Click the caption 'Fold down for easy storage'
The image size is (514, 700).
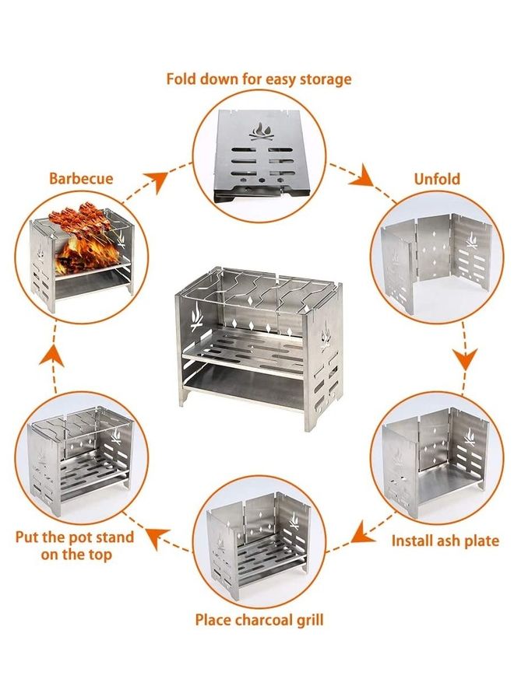click(x=259, y=79)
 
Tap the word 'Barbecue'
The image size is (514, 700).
click(x=81, y=178)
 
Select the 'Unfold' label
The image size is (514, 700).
click(x=438, y=178)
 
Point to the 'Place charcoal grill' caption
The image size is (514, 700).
click(x=259, y=620)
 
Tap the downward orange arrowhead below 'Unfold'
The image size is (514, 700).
click(x=465, y=359)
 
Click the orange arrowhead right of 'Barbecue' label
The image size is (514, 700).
click(x=158, y=180)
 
